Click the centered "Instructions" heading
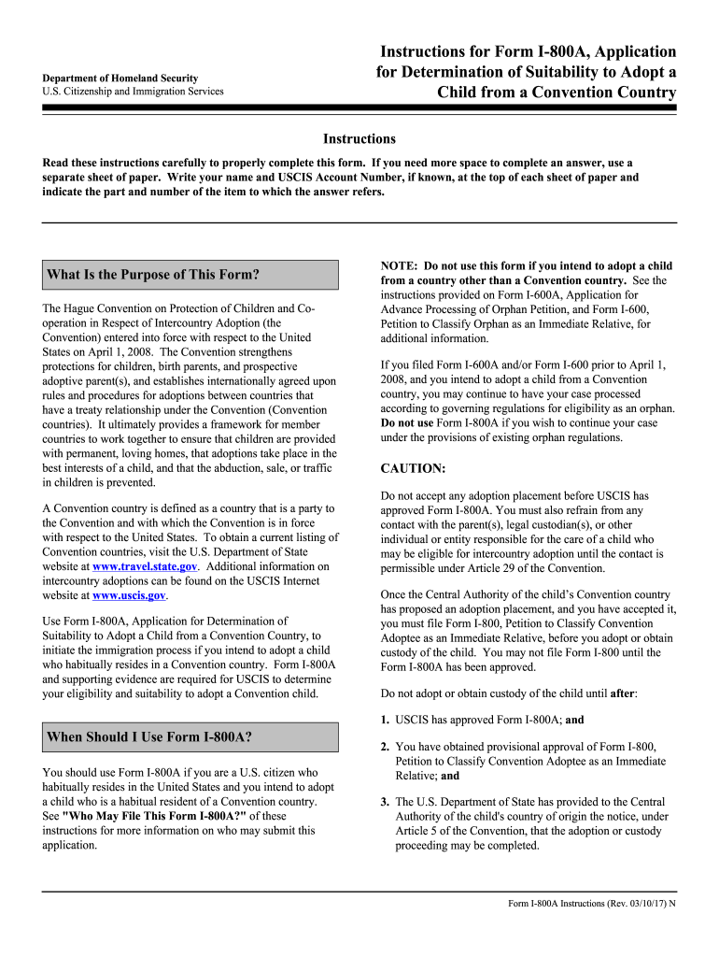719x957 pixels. click(359, 138)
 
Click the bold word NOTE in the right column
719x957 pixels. click(401, 266)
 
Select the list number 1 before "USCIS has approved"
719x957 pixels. click(385, 721)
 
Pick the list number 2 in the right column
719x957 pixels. click(385, 748)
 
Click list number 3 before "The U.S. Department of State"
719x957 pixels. click(385, 802)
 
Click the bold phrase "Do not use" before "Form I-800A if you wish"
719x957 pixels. click(406, 422)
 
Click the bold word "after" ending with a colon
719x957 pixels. click(623, 693)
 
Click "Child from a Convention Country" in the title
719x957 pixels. click(557, 93)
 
